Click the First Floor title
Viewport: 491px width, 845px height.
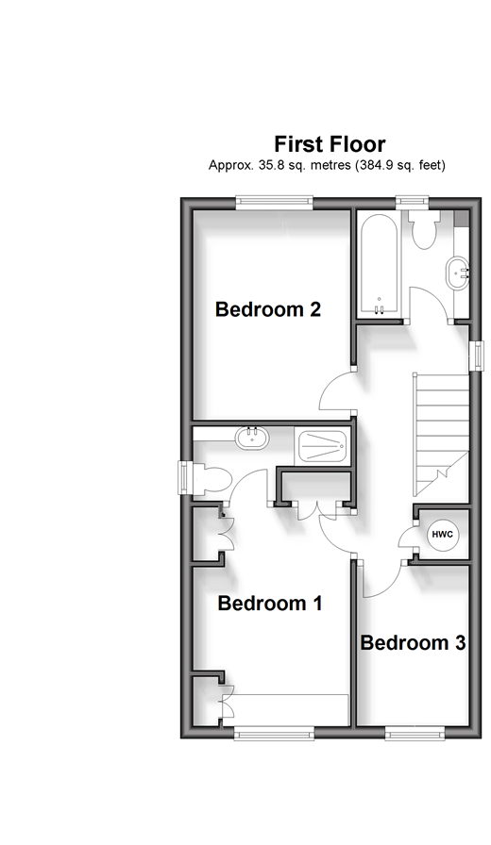tap(330, 144)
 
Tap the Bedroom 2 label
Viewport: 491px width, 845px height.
tap(268, 309)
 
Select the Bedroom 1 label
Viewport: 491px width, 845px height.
tap(270, 603)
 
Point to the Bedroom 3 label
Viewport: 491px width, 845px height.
tap(413, 642)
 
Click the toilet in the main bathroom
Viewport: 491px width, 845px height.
tap(425, 230)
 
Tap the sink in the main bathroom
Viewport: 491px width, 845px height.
tap(458, 273)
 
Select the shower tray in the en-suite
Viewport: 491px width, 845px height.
tap(322, 446)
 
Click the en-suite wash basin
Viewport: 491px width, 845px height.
tap(252, 437)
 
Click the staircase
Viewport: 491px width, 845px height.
tap(441, 435)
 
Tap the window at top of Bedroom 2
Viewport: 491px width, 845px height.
tap(275, 203)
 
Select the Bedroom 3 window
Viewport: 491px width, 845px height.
tap(415, 733)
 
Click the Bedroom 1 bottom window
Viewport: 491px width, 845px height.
tap(275, 733)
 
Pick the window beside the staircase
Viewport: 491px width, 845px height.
tap(475, 356)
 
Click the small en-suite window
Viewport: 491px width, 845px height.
tap(186, 476)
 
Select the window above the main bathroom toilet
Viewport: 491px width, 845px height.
tap(413, 203)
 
